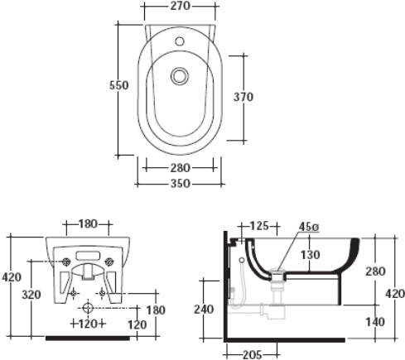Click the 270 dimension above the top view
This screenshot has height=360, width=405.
[x=180, y=6]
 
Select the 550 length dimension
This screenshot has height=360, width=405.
[x=118, y=85]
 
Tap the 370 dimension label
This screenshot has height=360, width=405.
[x=243, y=97]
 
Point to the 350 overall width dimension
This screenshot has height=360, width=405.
[x=181, y=184]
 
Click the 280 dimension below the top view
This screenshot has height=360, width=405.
[x=181, y=168]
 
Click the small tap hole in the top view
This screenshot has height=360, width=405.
[x=180, y=41]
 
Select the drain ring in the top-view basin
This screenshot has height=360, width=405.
[x=180, y=76]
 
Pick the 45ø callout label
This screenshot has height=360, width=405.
[x=309, y=227]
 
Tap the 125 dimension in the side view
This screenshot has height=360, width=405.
[x=259, y=226]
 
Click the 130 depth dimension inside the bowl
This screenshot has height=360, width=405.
[x=311, y=255]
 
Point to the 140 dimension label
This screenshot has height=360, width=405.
[x=375, y=322]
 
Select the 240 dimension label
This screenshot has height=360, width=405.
[x=204, y=310]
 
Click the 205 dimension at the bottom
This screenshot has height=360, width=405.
[x=253, y=355]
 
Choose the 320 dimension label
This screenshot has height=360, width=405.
[x=31, y=295]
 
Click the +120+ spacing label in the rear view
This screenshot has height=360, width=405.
[x=88, y=324]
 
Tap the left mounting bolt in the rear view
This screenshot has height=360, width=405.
[x=66, y=262]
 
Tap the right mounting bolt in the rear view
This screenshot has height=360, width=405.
[x=109, y=262]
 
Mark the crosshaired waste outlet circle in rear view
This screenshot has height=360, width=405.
[x=88, y=307]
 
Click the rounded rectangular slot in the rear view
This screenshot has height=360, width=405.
[x=88, y=256]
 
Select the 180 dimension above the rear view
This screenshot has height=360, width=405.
[x=88, y=224]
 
